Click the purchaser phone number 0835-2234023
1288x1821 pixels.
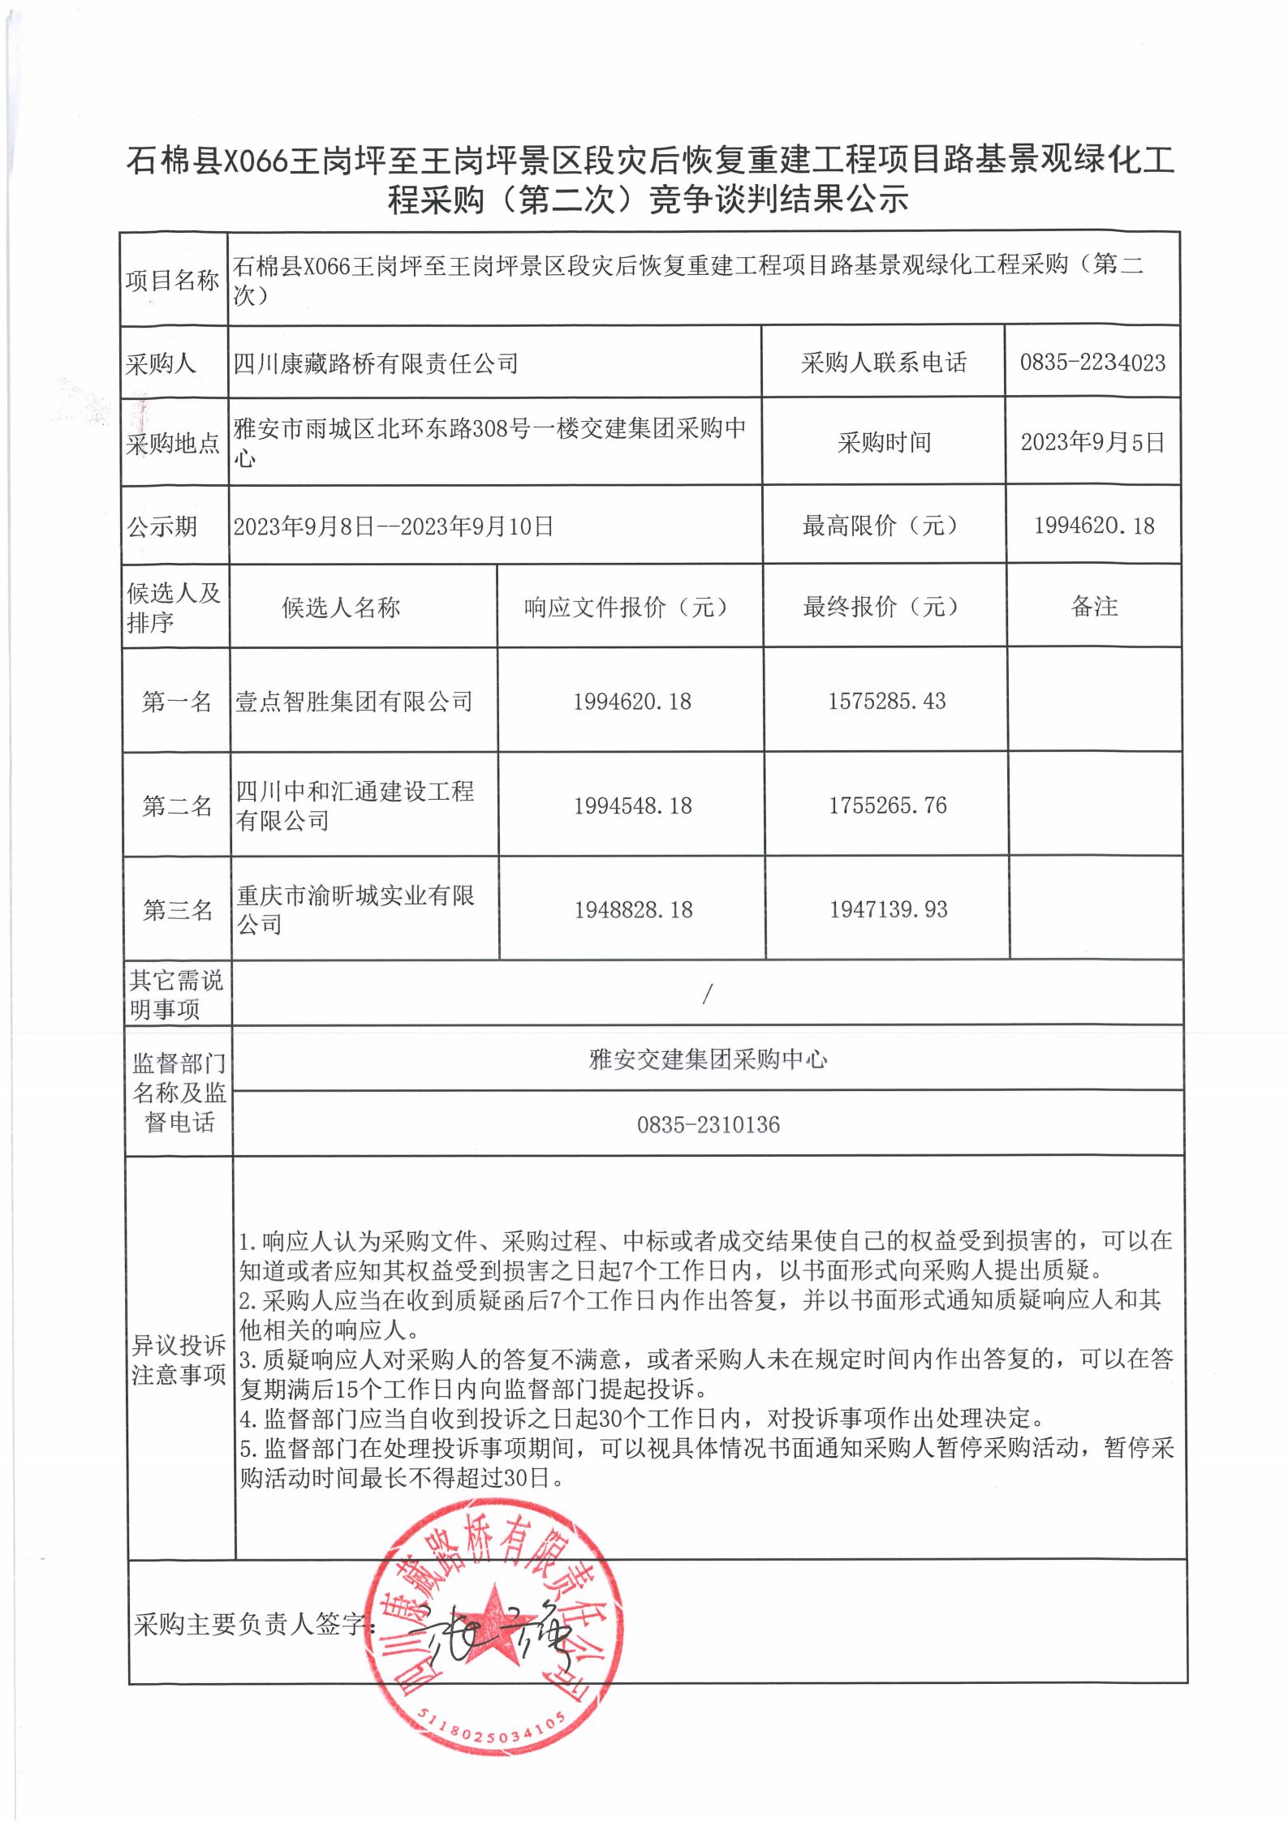point(1092,363)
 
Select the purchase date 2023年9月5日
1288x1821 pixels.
point(1092,442)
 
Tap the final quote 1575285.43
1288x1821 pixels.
point(886,701)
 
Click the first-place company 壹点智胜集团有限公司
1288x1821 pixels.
point(354,702)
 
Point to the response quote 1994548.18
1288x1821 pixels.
point(632,805)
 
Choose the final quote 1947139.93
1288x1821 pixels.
point(888,909)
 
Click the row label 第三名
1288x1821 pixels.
point(177,910)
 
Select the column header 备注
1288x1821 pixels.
point(1094,607)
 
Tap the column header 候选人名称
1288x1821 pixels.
point(341,608)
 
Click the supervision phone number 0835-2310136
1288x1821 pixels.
point(708,1124)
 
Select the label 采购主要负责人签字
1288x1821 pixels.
point(252,1623)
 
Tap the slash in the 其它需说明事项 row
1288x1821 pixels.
point(707,994)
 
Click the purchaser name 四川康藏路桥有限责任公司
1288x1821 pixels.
point(376,363)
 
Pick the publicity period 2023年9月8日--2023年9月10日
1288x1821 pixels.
point(394,526)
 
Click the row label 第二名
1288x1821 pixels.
point(177,805)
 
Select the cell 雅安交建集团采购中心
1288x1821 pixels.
point(708,1059)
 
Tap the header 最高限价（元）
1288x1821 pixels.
point(881,526)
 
